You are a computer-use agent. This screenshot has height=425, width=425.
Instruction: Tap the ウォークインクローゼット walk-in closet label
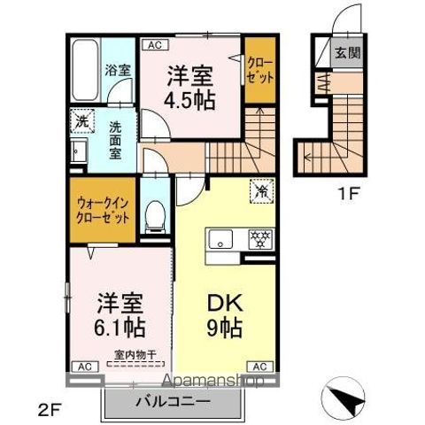point(103,209)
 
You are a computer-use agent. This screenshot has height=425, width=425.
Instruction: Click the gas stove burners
point(258,238)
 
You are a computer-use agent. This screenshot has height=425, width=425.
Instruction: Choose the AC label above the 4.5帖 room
point(154,42)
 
